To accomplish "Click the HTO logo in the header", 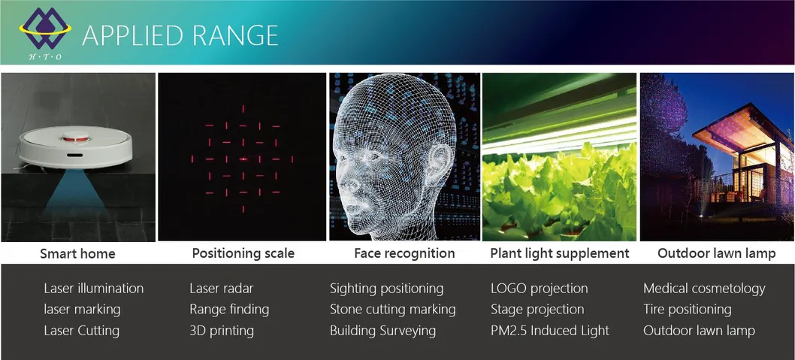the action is (45, 34).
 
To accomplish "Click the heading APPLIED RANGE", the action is (180, 35).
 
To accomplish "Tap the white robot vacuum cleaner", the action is (76, 147).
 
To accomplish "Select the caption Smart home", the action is (77, 253).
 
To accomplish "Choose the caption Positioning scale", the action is (243, 253).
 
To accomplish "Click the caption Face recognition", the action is (404, 253).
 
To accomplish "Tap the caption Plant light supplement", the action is (560, 253).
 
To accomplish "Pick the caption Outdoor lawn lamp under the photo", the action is (716, 253).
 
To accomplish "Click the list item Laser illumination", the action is (94, 289).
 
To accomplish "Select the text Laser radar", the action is (222, 289).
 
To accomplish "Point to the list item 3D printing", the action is (222, 331).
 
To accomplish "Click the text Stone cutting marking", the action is (393, 310).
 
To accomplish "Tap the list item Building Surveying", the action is (382, 331).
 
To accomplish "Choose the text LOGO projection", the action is (540, 289).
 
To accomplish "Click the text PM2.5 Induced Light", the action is (550, 331).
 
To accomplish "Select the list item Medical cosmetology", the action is (704, 289).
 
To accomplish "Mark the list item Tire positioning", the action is (688, 310).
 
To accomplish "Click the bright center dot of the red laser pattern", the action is (243, 159).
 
